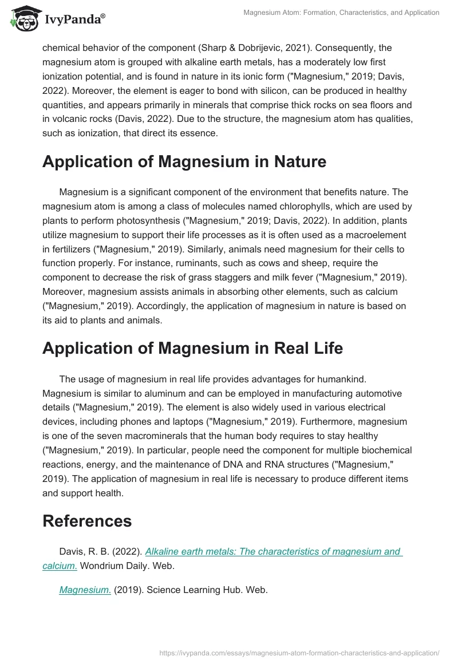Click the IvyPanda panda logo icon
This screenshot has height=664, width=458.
tap(23, 19)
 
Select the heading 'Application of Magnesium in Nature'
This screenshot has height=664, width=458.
tap(184, 162)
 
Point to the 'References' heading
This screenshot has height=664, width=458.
tap(87, 520)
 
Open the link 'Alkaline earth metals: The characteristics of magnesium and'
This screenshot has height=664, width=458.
tap(274, 552)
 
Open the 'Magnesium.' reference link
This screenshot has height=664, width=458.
tap(85, 590)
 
